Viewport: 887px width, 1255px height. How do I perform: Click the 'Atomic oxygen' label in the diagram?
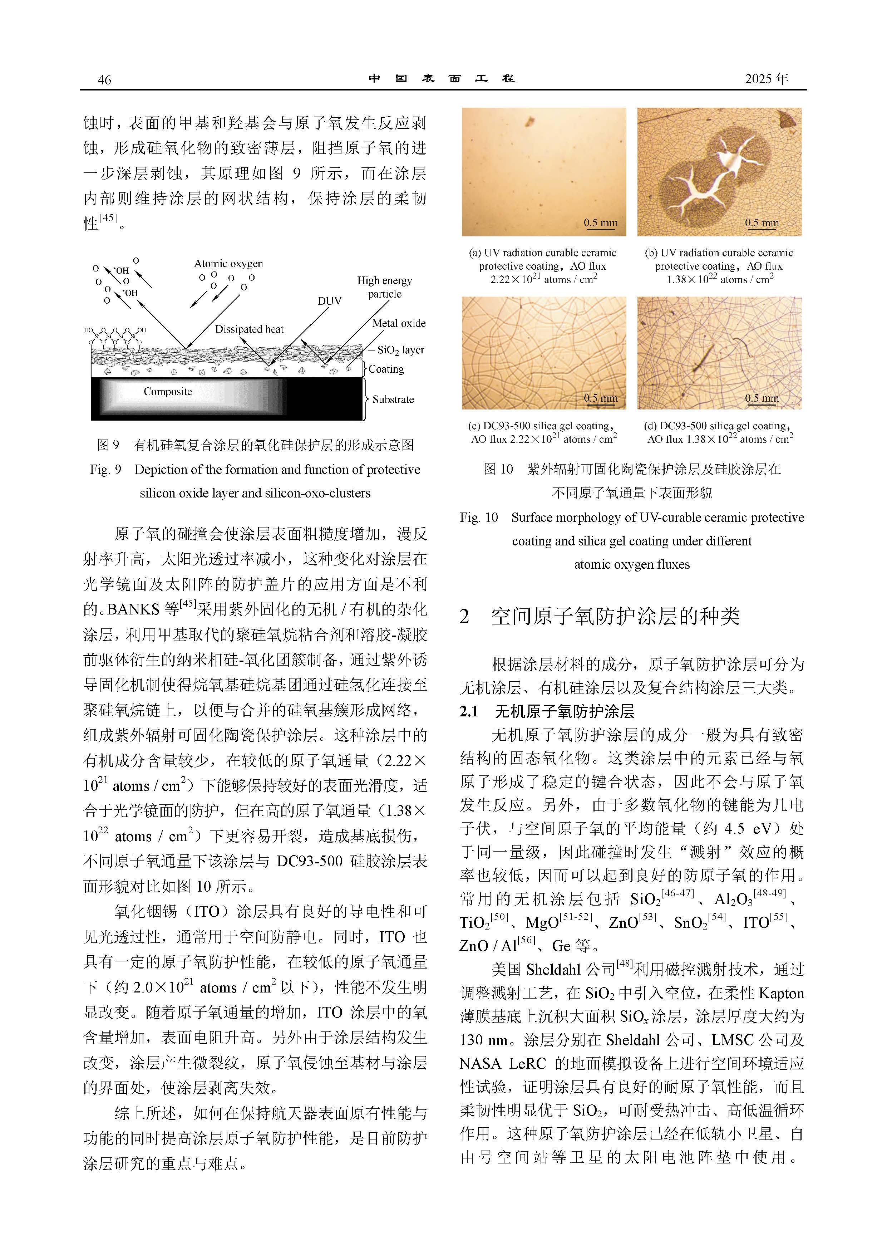(x=228, y=264)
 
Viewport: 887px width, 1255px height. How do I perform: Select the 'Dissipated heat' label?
(x=249, y=329)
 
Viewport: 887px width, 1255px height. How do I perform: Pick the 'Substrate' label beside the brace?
(x=393, y=399)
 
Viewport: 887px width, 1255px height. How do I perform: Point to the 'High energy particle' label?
(x=384, y=287)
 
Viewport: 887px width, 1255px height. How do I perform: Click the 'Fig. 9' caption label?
(x=105, y=470)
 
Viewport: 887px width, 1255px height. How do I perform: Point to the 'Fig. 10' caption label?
(x=479, y=517)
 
